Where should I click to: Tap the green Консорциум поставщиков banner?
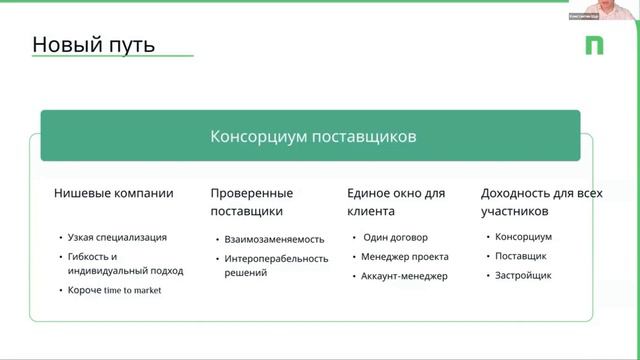tap(311, 136)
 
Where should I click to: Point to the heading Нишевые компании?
tap(113, 193)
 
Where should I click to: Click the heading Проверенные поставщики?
tap(252, 202)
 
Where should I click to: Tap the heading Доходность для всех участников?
tap(541, 202)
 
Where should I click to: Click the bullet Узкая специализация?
tap(117, 237)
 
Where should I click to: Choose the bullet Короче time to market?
tap(114, 290)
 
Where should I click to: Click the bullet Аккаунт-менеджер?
tap(405, 275)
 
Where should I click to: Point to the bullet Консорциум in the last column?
tap(524, 237)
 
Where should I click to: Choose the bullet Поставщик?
tap(522, 256)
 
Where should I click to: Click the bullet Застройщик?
tap(523, 275)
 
